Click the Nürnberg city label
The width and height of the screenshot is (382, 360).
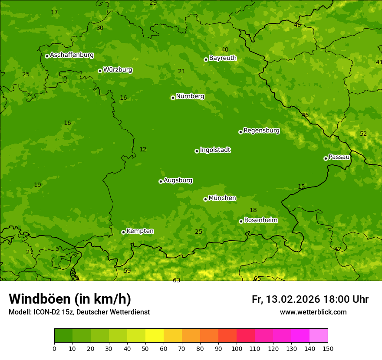pyautogui.click(x=190, y=96)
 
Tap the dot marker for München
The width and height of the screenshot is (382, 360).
pyautogui.click(x=205, y=199)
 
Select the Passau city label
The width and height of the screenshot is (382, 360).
pyautogui.click(x=339, y=157)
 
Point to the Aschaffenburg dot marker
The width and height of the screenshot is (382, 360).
pyautogui.click(x=47, y=56)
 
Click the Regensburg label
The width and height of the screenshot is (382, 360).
pyautogui.click(x=261, y=131)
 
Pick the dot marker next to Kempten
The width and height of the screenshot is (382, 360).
pyautogui.click(x=123, y=232)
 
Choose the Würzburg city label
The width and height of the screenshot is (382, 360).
pyautogui.click(x=118, y=70)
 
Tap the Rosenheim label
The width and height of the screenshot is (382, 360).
pyautogui.click(x=260, y=220)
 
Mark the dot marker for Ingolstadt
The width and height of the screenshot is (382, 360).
pyautogui.click(x=197, y=151)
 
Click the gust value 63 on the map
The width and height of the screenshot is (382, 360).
pyautogui.click(x=176, y=281)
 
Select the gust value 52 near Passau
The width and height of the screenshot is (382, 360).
pyautogui.click(x=363, y=134)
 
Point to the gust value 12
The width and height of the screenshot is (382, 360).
pyautogui.click(x=143, y=150)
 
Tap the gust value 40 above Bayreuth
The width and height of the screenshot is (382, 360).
pyautogui.click(x=225, y=50)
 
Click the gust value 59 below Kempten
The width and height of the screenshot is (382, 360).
pyautogui.click(x=127, y=271)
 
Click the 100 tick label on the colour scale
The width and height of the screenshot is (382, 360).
pyautogui.click(x=237, y=348)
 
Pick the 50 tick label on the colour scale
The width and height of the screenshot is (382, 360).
pyautogui.click(x=145, y=348)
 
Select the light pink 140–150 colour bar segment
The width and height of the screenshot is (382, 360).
pyautogui.click(x=319, y=336)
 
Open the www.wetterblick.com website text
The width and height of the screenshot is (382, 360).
pyautogui.click(x=313, y=312)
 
